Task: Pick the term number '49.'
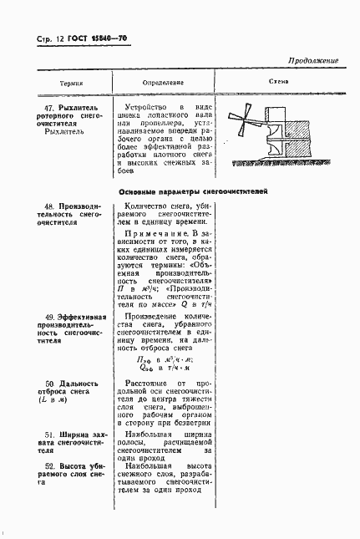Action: click(49, 317)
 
